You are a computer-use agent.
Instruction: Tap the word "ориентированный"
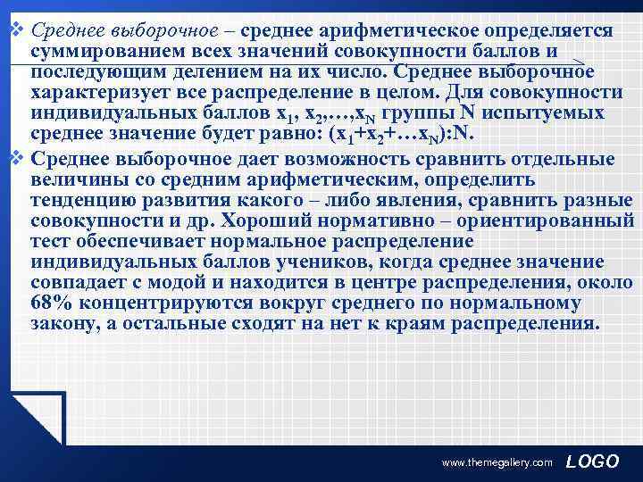point(553,220)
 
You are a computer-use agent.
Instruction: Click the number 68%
point(50,303)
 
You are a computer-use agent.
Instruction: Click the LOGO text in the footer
point(593,461)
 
